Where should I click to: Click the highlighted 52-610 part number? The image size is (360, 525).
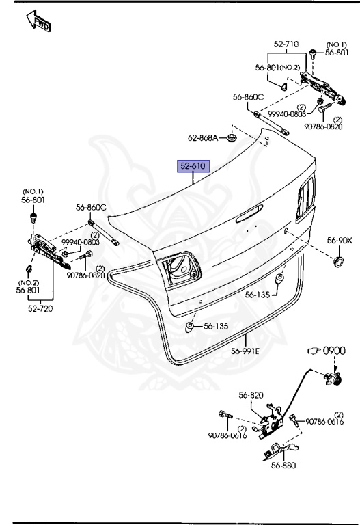[193, 165]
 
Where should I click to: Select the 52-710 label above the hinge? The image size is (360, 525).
[287, 44]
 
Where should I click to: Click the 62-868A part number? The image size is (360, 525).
[203, 138]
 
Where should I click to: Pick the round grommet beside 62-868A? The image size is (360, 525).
[232, 139]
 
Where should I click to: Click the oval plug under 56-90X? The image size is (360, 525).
[337, 263]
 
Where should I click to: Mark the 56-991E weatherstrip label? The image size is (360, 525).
[245, 351]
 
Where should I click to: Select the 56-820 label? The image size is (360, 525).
[251, 395]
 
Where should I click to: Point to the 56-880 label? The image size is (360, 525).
[283, 467]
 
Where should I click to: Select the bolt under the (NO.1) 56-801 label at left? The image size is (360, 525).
[33, 217]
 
